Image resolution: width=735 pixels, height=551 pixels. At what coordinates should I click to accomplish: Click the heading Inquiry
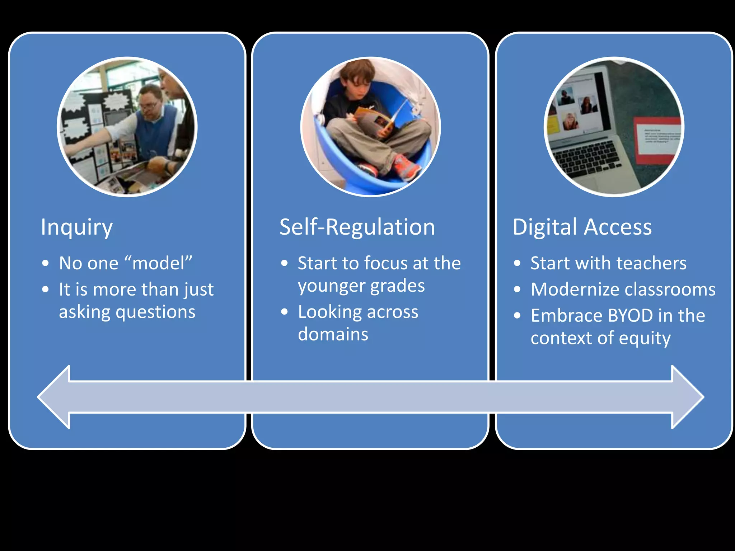76,227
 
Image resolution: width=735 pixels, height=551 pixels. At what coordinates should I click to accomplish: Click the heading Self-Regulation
357,227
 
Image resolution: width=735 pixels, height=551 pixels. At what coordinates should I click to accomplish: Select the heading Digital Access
582,227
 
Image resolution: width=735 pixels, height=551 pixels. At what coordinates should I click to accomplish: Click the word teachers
650,263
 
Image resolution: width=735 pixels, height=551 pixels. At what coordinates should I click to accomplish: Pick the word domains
333,334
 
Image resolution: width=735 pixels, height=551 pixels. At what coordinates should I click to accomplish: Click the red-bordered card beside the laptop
657,140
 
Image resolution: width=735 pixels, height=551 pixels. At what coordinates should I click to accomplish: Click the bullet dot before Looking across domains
285,312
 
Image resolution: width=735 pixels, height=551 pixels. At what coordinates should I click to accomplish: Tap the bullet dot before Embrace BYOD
517,316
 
